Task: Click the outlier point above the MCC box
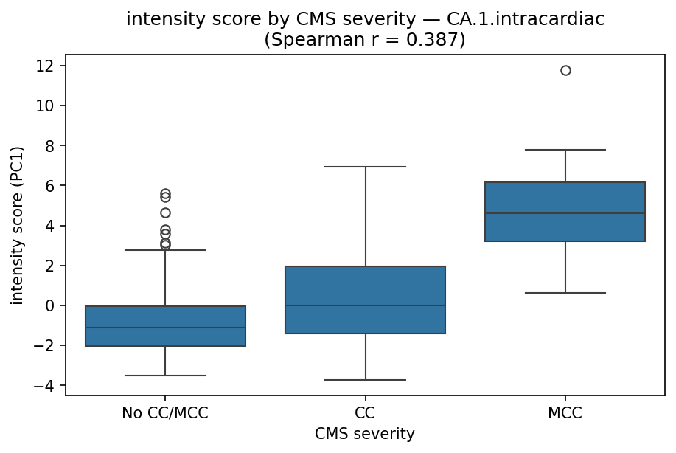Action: [x=565, y=71]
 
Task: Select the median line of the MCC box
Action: [x=565, y=213]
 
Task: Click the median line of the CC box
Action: [x=365, y=305]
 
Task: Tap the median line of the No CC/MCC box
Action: [x=165, y=328]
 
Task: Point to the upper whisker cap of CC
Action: [x=365, y=167]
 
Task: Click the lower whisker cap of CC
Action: [x=365, y=380]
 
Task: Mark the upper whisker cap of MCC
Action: [x=565, y=150]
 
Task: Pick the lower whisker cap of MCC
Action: [x=565, y=293]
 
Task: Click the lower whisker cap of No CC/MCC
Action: [x=165, y=376]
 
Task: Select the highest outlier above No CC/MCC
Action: [x=165, y=193]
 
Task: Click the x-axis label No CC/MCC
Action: [x=165, y=413]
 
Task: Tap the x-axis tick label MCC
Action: [x=565, y=413]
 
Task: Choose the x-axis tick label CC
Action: [x=365, y=413]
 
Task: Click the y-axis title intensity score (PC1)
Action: [x=17, y=225]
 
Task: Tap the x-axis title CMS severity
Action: [x=365, y=435]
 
